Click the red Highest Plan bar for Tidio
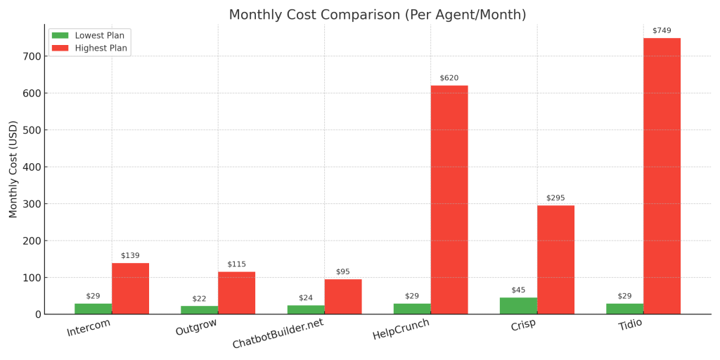pyautogui.click(x=662, y=176)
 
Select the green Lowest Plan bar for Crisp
pyautogui.click(x=518, y=306)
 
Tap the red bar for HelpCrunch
pyautogui.click(x=449, y=200)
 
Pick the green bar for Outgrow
pyautogui.click(x=199, y=310)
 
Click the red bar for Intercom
pyautogui.click(x=130, y=288)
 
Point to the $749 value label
pyautogui.click(x=662, y=31)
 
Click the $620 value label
pyautogui.click(x=449, y=78)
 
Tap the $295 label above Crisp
pyautogui.click(x=555, y=198)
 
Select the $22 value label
pyautogui.click(x=199, y=299)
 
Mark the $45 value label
pyautogui.click(x=518, y=290)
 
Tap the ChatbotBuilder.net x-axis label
pyautogui.click(x=278, y=333)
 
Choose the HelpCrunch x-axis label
pyautogui.click(x=401, y=329)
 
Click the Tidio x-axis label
pyautogui.click(x=630, y=325)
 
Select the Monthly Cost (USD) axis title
pyautogui.click(x=13, y=169)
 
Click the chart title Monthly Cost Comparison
pyautogui.click(x=377, y=15)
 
